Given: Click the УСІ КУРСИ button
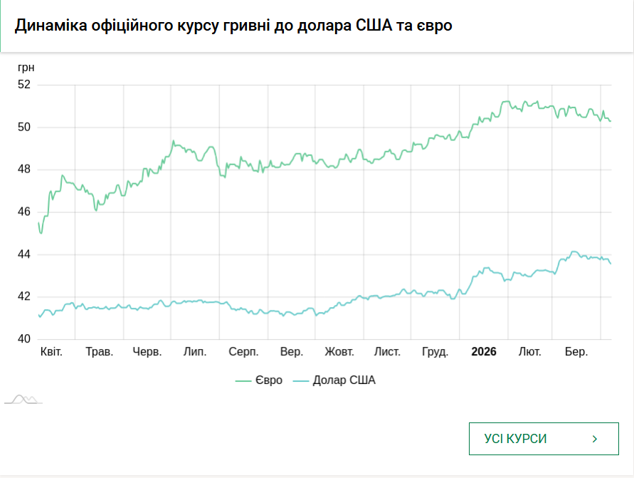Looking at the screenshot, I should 543,439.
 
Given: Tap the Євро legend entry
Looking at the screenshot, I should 259,380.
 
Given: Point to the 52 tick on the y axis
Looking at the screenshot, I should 24,84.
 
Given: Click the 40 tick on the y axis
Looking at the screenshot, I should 24,339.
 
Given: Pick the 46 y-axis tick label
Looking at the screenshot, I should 24,212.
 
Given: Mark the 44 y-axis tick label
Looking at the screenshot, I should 24,254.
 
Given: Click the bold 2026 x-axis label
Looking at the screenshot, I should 484,352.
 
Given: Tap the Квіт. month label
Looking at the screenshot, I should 52,352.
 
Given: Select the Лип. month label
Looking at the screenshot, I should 195,352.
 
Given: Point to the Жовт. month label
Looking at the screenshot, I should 339,352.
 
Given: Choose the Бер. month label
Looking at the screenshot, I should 576,352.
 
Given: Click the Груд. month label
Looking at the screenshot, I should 435,352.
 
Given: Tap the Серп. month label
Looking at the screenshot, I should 243,352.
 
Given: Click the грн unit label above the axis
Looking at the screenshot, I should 26,68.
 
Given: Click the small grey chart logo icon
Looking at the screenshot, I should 23,400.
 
